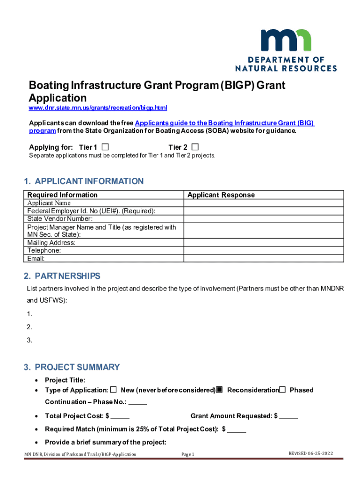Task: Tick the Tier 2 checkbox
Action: [195, 147]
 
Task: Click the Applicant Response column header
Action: [221, 195]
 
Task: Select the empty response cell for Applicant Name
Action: [264, 203]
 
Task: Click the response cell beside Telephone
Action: [264, 251]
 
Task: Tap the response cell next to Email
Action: [264, 259]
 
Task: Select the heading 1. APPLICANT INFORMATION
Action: [84, 181]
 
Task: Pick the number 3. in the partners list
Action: [29, 340]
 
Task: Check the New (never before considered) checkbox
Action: [114, 390]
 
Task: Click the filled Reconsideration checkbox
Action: [219, 390]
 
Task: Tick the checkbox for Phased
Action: [282, 390]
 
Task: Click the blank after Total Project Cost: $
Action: [121, 416]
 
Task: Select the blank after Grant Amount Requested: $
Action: [289, 416]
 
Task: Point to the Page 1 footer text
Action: [187, 454]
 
